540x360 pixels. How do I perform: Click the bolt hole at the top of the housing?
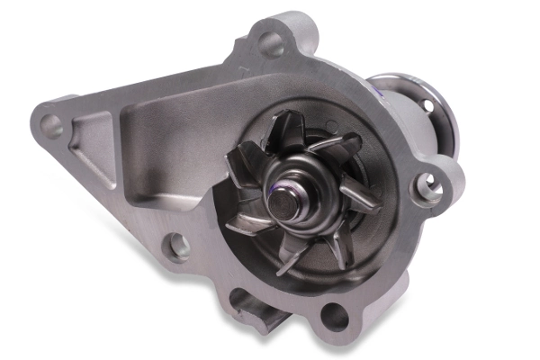pos(270,40)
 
